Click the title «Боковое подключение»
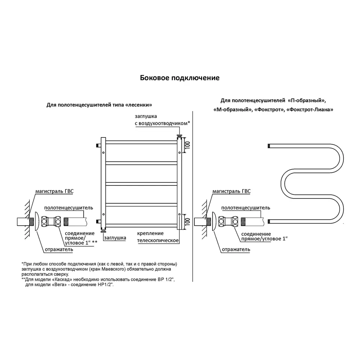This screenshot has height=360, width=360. click(180, 78)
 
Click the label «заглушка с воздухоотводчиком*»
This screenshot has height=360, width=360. click(162, 120)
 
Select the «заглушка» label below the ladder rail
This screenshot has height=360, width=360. click(115, 238)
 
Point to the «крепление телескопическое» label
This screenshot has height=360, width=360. click(158, 237)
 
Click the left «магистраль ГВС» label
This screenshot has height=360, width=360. click(54, 191)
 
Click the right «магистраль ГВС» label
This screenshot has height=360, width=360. click(231, 191)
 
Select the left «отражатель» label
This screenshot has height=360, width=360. click(59, 249)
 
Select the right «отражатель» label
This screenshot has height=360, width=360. click(236, 249)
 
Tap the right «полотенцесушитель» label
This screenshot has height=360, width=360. click(246, 208)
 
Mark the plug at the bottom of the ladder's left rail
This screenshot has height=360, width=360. click(103, 232)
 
